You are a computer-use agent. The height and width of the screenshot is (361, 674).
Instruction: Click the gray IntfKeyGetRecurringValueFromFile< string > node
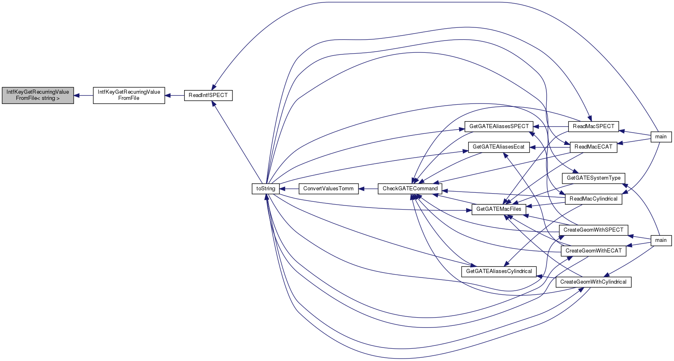[x=38, y=95]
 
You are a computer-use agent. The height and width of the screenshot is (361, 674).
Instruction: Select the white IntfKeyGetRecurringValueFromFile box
[x=129, y=95]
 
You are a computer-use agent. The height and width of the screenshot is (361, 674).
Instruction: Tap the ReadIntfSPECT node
[x=208, y=95]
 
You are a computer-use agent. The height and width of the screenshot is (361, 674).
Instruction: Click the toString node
[x=266, y=189]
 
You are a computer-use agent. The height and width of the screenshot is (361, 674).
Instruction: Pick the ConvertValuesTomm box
[x=328, y=189]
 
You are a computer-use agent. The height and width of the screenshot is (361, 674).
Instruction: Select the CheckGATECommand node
[x=410, y=189]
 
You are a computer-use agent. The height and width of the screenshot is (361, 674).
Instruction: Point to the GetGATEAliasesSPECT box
[x=499, y=126]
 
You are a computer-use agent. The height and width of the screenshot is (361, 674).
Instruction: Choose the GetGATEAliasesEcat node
[x=498, y=147]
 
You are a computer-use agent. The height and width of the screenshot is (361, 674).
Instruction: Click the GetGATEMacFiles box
[x=499, y=209]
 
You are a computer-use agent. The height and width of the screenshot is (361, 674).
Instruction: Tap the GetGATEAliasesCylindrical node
[x=499, y=271]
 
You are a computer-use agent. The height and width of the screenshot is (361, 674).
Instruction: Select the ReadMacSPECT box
[x=593, y=126]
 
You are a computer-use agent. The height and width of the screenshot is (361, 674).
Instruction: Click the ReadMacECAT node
[x=593, y=147]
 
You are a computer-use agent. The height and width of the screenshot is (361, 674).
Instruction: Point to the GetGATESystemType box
[x=593, y=178]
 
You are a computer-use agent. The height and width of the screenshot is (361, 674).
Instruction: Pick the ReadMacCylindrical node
[x=593, y=199]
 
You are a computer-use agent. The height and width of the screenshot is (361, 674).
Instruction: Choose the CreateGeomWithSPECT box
[x=593, y=230]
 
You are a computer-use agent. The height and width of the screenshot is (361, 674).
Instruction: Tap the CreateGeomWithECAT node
[x=593, y=250]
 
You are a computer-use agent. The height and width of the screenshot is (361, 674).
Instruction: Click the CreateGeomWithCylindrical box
[x=593, y=282]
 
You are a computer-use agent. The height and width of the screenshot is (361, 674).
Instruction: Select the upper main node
[x=661, y=137]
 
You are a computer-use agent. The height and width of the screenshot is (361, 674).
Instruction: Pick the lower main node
[x=661, y=240]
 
